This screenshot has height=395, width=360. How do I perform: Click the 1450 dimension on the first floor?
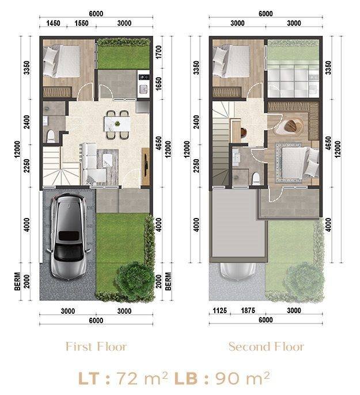click(x=54, y=23)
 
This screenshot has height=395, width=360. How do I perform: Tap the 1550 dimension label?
click(x=82, y=23)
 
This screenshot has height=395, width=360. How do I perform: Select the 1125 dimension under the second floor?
click(x=220, y=311)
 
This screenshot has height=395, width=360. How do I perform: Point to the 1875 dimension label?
click(x=248, y=311)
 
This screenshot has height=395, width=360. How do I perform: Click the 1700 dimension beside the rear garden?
click(x=159, y=52)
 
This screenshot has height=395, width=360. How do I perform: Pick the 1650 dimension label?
click(x=159, y=84)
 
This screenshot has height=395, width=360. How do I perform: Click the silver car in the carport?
click(x=69, y=236)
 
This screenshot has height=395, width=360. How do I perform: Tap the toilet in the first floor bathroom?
click(x=51, y=136)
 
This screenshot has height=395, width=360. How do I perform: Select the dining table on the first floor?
click(x=118, y=123)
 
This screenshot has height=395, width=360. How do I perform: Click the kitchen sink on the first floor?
click(x=143, y=89)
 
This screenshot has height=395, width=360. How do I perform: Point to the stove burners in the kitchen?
click(x=144, y=77)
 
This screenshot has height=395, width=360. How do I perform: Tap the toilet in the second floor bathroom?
click(x=256, y=178)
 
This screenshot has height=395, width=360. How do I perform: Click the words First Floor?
click(x=96, y=347)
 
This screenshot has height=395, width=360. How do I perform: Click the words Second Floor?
click(x=267, y=347)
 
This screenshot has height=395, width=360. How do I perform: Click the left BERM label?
click(x=17, y=281)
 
